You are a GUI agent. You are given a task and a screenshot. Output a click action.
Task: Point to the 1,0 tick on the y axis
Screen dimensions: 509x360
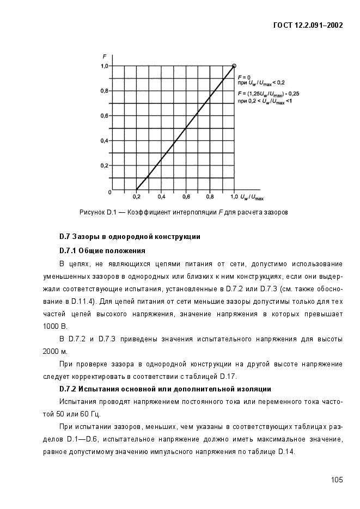[x=103, y=66]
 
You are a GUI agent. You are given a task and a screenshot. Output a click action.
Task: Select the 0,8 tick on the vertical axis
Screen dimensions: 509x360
[x=103, y=91]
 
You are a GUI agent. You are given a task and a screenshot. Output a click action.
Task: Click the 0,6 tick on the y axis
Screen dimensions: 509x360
[x=103, y=115]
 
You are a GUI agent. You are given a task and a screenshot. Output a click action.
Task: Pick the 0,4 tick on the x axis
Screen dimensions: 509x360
[x=161, y=196]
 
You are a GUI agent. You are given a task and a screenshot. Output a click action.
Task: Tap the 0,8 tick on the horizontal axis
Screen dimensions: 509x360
[x=210, y=196]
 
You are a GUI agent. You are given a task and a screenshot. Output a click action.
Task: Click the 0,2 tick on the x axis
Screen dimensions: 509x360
[x=137, y=196]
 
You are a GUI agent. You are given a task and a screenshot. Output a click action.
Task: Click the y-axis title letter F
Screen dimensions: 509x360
[x=104, y=56]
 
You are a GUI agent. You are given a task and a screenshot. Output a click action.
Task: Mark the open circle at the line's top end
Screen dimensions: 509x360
[x=234, y=66]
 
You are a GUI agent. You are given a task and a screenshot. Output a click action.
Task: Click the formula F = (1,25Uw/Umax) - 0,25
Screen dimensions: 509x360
[x=269, y=94]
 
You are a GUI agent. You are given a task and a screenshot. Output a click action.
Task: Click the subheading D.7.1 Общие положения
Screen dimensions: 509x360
[x=102, y=250]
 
